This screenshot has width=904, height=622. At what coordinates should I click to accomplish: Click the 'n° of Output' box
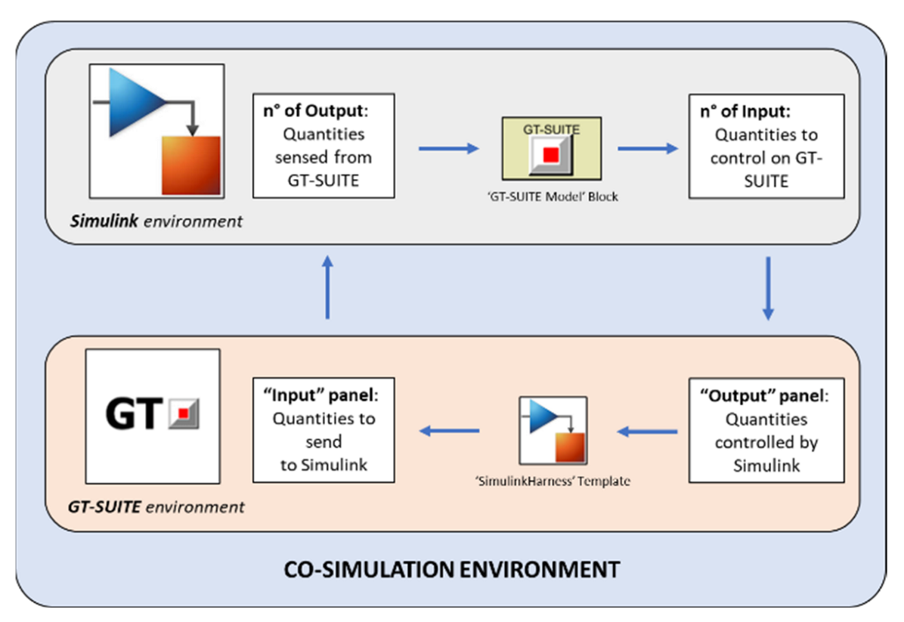(324, 146)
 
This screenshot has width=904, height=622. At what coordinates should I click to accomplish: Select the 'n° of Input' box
(766, 146)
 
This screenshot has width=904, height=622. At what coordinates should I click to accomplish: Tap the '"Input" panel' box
(324, 429)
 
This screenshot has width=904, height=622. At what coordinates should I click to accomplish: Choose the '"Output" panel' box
(766, 429)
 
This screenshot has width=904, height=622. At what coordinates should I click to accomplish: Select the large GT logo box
(153, 415)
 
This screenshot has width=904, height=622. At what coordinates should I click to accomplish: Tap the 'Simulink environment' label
(156, 222)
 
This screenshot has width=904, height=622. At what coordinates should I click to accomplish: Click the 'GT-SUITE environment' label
(156, 506)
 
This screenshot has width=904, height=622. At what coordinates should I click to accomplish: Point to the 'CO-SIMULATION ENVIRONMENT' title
(451, 568)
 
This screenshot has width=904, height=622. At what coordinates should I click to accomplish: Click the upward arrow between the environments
(327, 286)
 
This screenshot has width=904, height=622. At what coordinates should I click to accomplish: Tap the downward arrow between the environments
(768, 288)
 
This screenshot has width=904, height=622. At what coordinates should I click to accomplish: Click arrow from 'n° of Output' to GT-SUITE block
(448, 149)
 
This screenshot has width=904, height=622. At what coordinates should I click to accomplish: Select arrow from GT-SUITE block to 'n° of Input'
(648, 149)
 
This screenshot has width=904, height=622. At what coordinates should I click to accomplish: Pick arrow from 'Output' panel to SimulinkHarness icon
(646, 432)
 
